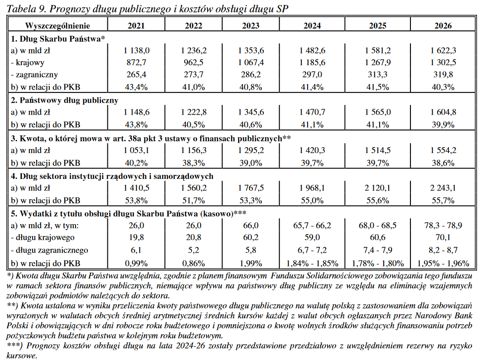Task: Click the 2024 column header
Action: pos(312,26)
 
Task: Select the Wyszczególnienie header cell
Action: pos(58,26)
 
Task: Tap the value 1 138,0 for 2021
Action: pos(136,50)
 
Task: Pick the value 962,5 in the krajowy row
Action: pos(193,62)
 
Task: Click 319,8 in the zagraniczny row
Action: pos(443,74)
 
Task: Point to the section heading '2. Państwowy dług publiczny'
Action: pos(64,101)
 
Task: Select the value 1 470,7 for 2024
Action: pos(312,112)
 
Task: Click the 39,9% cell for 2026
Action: pos(443,125)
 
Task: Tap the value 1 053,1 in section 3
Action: pos(136,150)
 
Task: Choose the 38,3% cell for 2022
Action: pos(193,163)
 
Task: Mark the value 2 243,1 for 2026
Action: pos(443,187)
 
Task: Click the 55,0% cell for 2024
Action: pos(312,201)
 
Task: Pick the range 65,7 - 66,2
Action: pos(312,226)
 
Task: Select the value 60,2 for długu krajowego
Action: pos(251,237)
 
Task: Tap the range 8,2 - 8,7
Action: pos(443,250)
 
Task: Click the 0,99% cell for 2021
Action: pos(136,263)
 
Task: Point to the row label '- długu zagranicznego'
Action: pos(49,250)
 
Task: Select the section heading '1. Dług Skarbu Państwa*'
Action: pos(58,39)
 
